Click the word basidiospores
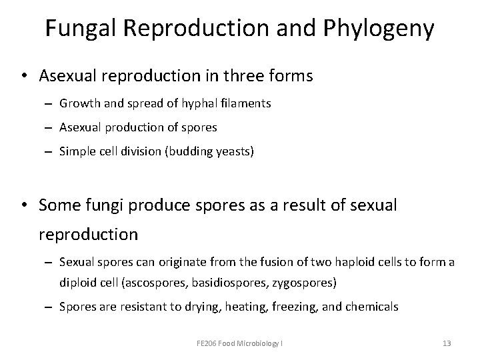point(221,282)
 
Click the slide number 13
point(447,343)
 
